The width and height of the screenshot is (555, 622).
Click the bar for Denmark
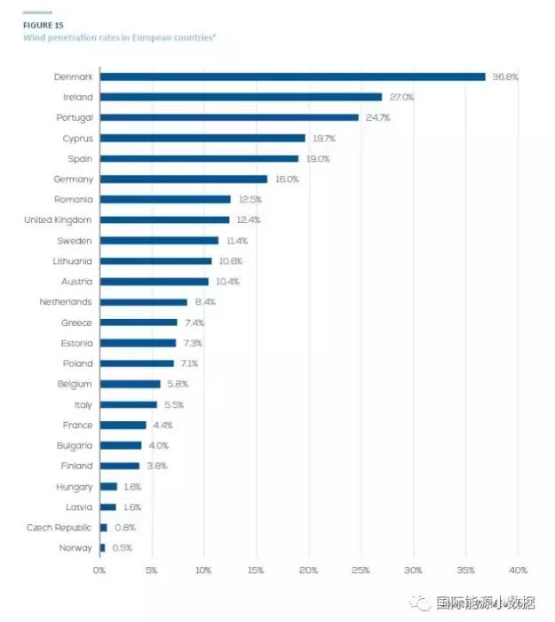pos(293,76)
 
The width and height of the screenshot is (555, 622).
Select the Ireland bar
pos(241,97)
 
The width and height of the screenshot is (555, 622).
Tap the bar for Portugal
pos(229,117)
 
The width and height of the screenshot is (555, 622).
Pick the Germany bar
pos(184,179)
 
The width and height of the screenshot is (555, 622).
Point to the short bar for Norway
pos(102,547)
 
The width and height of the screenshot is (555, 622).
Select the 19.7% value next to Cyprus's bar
pos(323,138)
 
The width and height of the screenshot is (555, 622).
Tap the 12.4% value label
pos(248,219)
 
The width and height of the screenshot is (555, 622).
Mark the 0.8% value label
pos(125,527)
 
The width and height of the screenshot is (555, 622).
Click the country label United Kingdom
pos(58,219)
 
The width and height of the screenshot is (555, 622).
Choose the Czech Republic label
pos(59,527)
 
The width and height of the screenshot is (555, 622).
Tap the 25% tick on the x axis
pos(361,570)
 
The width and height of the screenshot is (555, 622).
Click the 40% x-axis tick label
pos(519,570)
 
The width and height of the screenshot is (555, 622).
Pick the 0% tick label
pos(99,570)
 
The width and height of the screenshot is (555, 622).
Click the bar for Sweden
pos(159,240)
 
